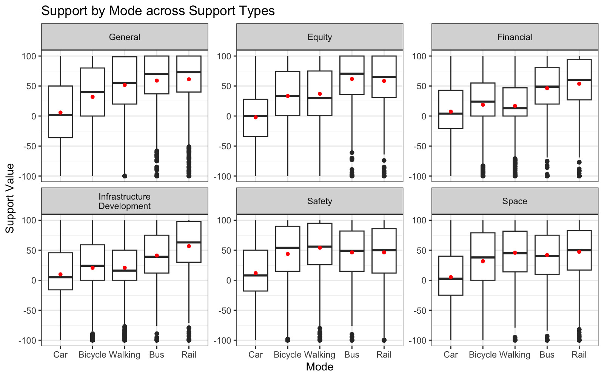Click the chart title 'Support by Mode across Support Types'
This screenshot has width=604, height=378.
[158, 11]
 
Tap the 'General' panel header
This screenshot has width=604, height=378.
[125, 37]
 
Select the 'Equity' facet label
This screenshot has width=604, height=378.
[319, 37]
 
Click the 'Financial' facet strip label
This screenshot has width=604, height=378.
[515, 37]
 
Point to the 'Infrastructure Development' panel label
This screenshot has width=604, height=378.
[125, 201]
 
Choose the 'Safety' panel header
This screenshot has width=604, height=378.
[319, 201]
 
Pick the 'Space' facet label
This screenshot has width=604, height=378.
[515, 201]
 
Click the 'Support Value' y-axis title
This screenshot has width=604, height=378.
[10, 198]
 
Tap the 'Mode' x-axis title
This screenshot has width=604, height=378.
[319, 367]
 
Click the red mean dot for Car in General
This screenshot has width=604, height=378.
[60, 113]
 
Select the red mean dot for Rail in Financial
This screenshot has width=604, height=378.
[579, 84]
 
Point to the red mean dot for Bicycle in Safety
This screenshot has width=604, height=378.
[288, 254]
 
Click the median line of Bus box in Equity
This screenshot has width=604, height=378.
[352, 74]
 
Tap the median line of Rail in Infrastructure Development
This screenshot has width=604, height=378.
[189, 242]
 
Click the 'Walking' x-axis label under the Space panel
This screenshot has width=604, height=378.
[515, 355]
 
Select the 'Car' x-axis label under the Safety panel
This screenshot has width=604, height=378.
[256, 355]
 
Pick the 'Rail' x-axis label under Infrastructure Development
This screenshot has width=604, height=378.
[189, 355]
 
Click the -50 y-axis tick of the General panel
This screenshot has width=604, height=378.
[29, 146]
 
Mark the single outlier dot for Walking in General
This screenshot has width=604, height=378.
[125, 176]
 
